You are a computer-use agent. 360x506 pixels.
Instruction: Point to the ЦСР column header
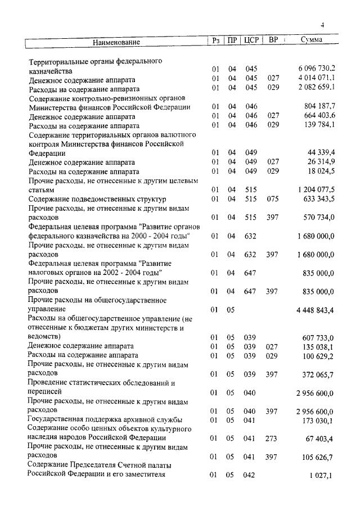click(x=251, y=40)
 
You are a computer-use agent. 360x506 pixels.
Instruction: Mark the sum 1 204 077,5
click(x=317, y=189)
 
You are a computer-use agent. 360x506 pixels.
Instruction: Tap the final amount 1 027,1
click(x=322, y=475)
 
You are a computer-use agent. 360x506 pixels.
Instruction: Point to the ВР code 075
click(x=273, y=198)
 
